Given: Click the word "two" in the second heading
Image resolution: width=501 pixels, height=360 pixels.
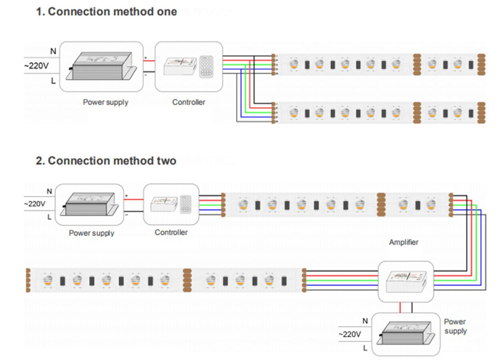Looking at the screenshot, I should [166, 161].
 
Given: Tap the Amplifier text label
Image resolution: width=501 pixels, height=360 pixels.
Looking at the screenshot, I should [403, 242].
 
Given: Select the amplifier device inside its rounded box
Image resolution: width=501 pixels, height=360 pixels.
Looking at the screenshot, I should [406, 281].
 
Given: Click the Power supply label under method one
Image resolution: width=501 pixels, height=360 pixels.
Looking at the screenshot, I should [106, 102].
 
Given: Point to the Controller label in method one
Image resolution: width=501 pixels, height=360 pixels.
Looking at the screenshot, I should [189, 102].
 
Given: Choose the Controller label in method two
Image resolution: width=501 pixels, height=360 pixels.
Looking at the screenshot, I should [171, 232].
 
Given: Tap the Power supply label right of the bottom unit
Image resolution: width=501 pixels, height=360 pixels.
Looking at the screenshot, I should [455, 326].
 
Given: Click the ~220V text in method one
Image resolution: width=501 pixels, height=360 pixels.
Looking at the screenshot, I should [36, 66].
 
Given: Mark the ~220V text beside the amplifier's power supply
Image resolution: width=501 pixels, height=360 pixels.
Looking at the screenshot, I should [350, 334].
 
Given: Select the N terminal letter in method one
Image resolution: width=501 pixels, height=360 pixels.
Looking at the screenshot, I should [53, 51].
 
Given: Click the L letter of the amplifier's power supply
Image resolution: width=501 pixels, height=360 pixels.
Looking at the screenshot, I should [365, 348].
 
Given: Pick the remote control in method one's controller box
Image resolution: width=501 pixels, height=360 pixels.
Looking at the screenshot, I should [206, 66].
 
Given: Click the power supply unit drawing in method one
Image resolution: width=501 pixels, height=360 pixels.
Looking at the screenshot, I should [102, 66].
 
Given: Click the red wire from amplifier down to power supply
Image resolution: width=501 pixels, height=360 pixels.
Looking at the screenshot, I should [400, 307].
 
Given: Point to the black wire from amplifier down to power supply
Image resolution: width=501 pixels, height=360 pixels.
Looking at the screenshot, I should [412, 307].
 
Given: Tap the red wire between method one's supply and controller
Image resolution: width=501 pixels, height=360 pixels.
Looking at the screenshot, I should [149, 61].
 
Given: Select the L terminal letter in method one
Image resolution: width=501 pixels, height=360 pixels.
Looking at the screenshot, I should [53, 81].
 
